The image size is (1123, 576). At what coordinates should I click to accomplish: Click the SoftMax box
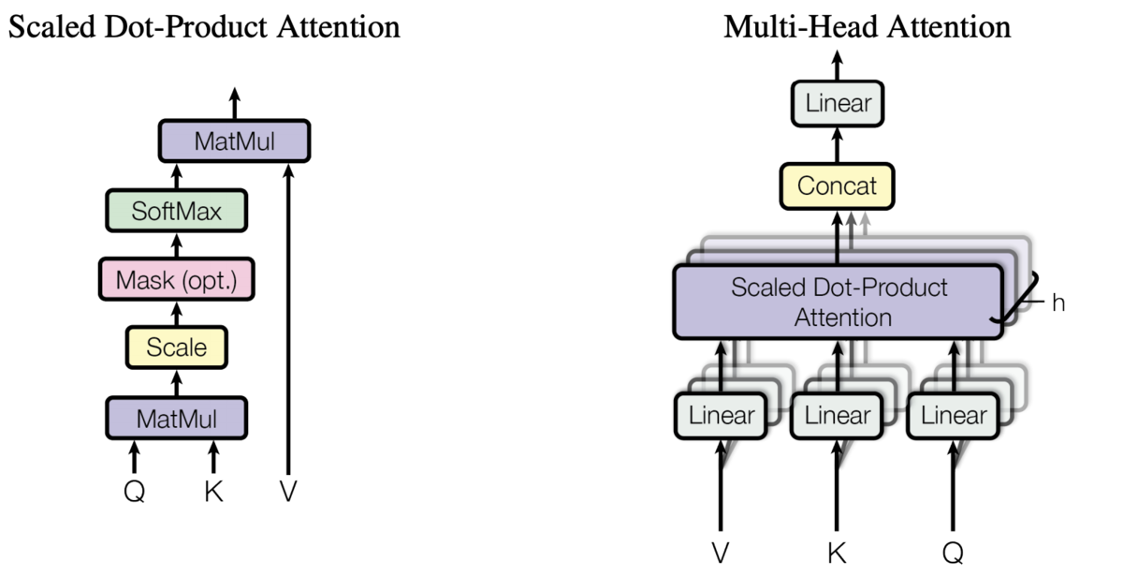pyautogui.click(x=177, y=211)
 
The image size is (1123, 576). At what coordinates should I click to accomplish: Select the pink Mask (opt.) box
pyautogui.click(x=177, y=279)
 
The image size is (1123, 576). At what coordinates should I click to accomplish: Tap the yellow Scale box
pyautogui.click(x=177, y=347)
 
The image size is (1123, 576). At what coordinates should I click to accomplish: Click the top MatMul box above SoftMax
pyautogui.click(x=235, y=141)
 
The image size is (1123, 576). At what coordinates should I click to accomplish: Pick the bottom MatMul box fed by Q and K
pyautogui.click(x=177, y=419)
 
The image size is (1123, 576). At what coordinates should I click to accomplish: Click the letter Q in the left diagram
pyautogui.click(x=135, y=491)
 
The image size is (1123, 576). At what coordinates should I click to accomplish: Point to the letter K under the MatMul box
pyautogui.click(x=213, y=491)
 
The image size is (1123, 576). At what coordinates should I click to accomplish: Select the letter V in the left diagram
pyautogui.click(x=288, y=491)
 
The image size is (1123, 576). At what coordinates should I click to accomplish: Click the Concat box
pyautogui.click(x=838, y=186)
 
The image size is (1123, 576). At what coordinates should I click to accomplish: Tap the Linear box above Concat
pyautogui.click(x=838, y=103)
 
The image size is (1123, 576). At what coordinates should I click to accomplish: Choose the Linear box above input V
pyautogui.click(x=721, y=416)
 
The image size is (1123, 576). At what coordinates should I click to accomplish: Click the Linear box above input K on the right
pyautogui.click(x=838, y=416)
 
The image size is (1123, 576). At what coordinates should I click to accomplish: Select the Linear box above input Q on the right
pyautogui.click(x=954, y=416)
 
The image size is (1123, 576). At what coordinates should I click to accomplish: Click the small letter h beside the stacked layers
pyautogui.click(x=1058, y=303)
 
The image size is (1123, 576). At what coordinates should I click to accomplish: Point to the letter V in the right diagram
pyautogui.click(x=721, y=554)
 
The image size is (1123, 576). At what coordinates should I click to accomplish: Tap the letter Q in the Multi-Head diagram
pyautogui.click(x=953, y=554)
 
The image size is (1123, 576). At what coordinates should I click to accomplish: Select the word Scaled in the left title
pyautogui.click(x=51, y=26)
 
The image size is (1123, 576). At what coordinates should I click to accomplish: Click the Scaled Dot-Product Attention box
pyautogui.click(x=839, y=302)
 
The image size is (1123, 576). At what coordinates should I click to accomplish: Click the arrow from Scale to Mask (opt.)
pyautogui.click(x=177, y=314)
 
